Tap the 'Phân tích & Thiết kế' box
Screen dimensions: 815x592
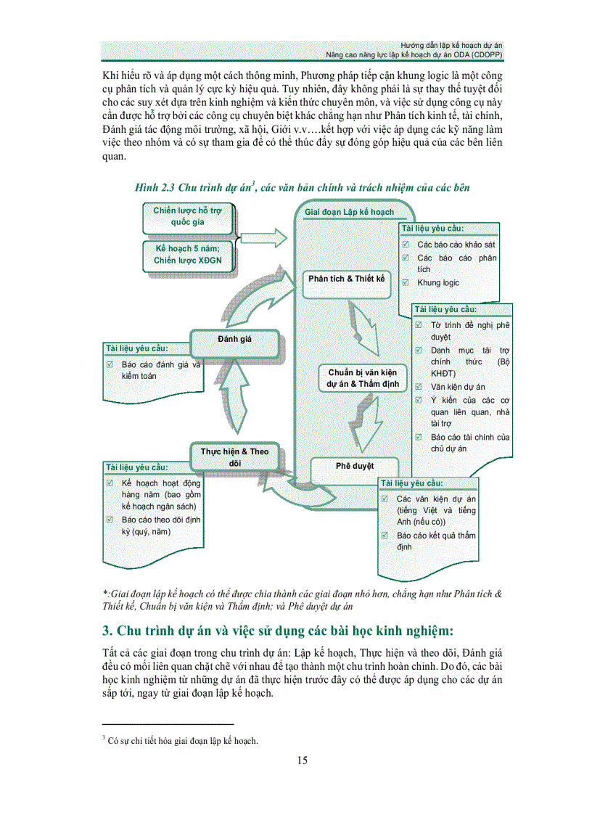[346, 279]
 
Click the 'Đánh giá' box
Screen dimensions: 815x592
[234, 338]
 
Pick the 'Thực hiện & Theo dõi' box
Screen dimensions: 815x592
[234, 456]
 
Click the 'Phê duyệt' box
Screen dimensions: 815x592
[354, 466]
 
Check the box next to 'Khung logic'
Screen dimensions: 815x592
[406, 283]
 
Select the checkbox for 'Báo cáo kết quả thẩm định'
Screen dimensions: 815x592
[385, 536]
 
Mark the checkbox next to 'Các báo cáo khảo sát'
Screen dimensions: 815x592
[406, 245]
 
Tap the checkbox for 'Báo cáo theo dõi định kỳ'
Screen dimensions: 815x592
[110, 520]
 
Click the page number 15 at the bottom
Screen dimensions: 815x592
[303, 761]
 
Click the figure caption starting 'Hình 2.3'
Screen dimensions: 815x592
[303, 187]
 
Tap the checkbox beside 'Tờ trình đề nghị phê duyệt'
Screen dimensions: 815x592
[419, 325]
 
